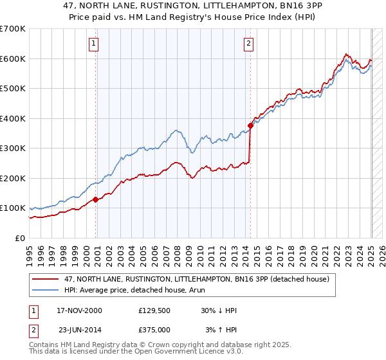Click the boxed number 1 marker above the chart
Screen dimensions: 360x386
[x=94, y=44]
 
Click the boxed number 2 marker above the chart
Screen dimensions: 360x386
[x=248, y=44]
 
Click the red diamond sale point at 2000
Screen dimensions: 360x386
[x=96, y=199]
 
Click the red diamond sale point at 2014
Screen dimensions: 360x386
[x=251, y=126]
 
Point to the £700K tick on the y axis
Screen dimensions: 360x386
[x=13, y=29]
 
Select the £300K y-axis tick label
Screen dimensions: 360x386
[x=13, y=148]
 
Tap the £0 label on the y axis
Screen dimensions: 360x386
[x=20, y=238]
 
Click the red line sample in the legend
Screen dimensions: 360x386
[x=46, y=279]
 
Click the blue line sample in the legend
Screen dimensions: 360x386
[x=46, y=290]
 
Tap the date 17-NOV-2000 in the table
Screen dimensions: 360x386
[x=80, y=310]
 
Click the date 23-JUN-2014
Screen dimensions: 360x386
[x=80, y=330]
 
